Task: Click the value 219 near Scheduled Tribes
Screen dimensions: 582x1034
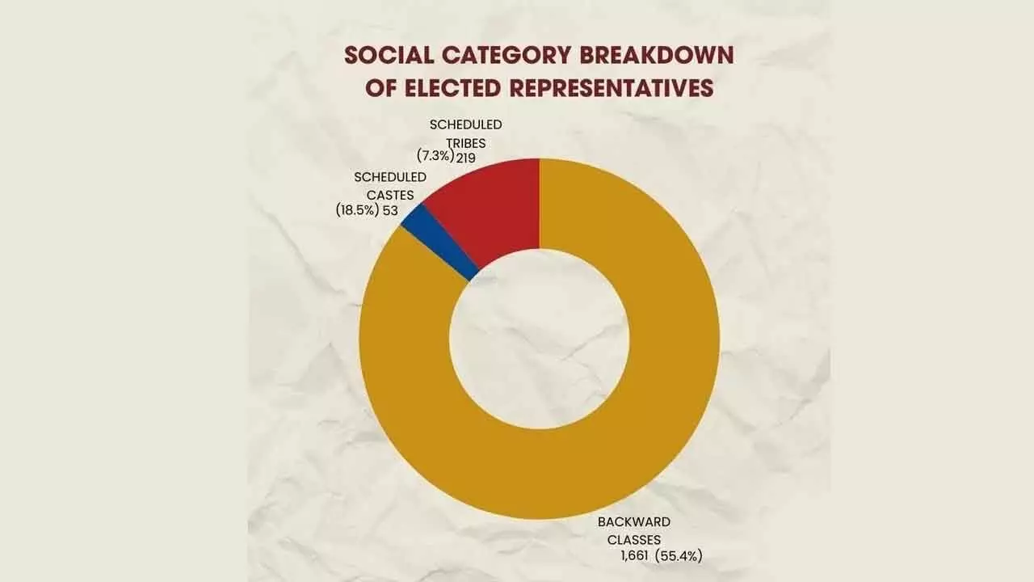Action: (x=465, y=158)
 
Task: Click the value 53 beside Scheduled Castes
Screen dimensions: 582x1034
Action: (x=390, y=210)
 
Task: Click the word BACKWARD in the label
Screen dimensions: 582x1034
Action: (x=634, y=522)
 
